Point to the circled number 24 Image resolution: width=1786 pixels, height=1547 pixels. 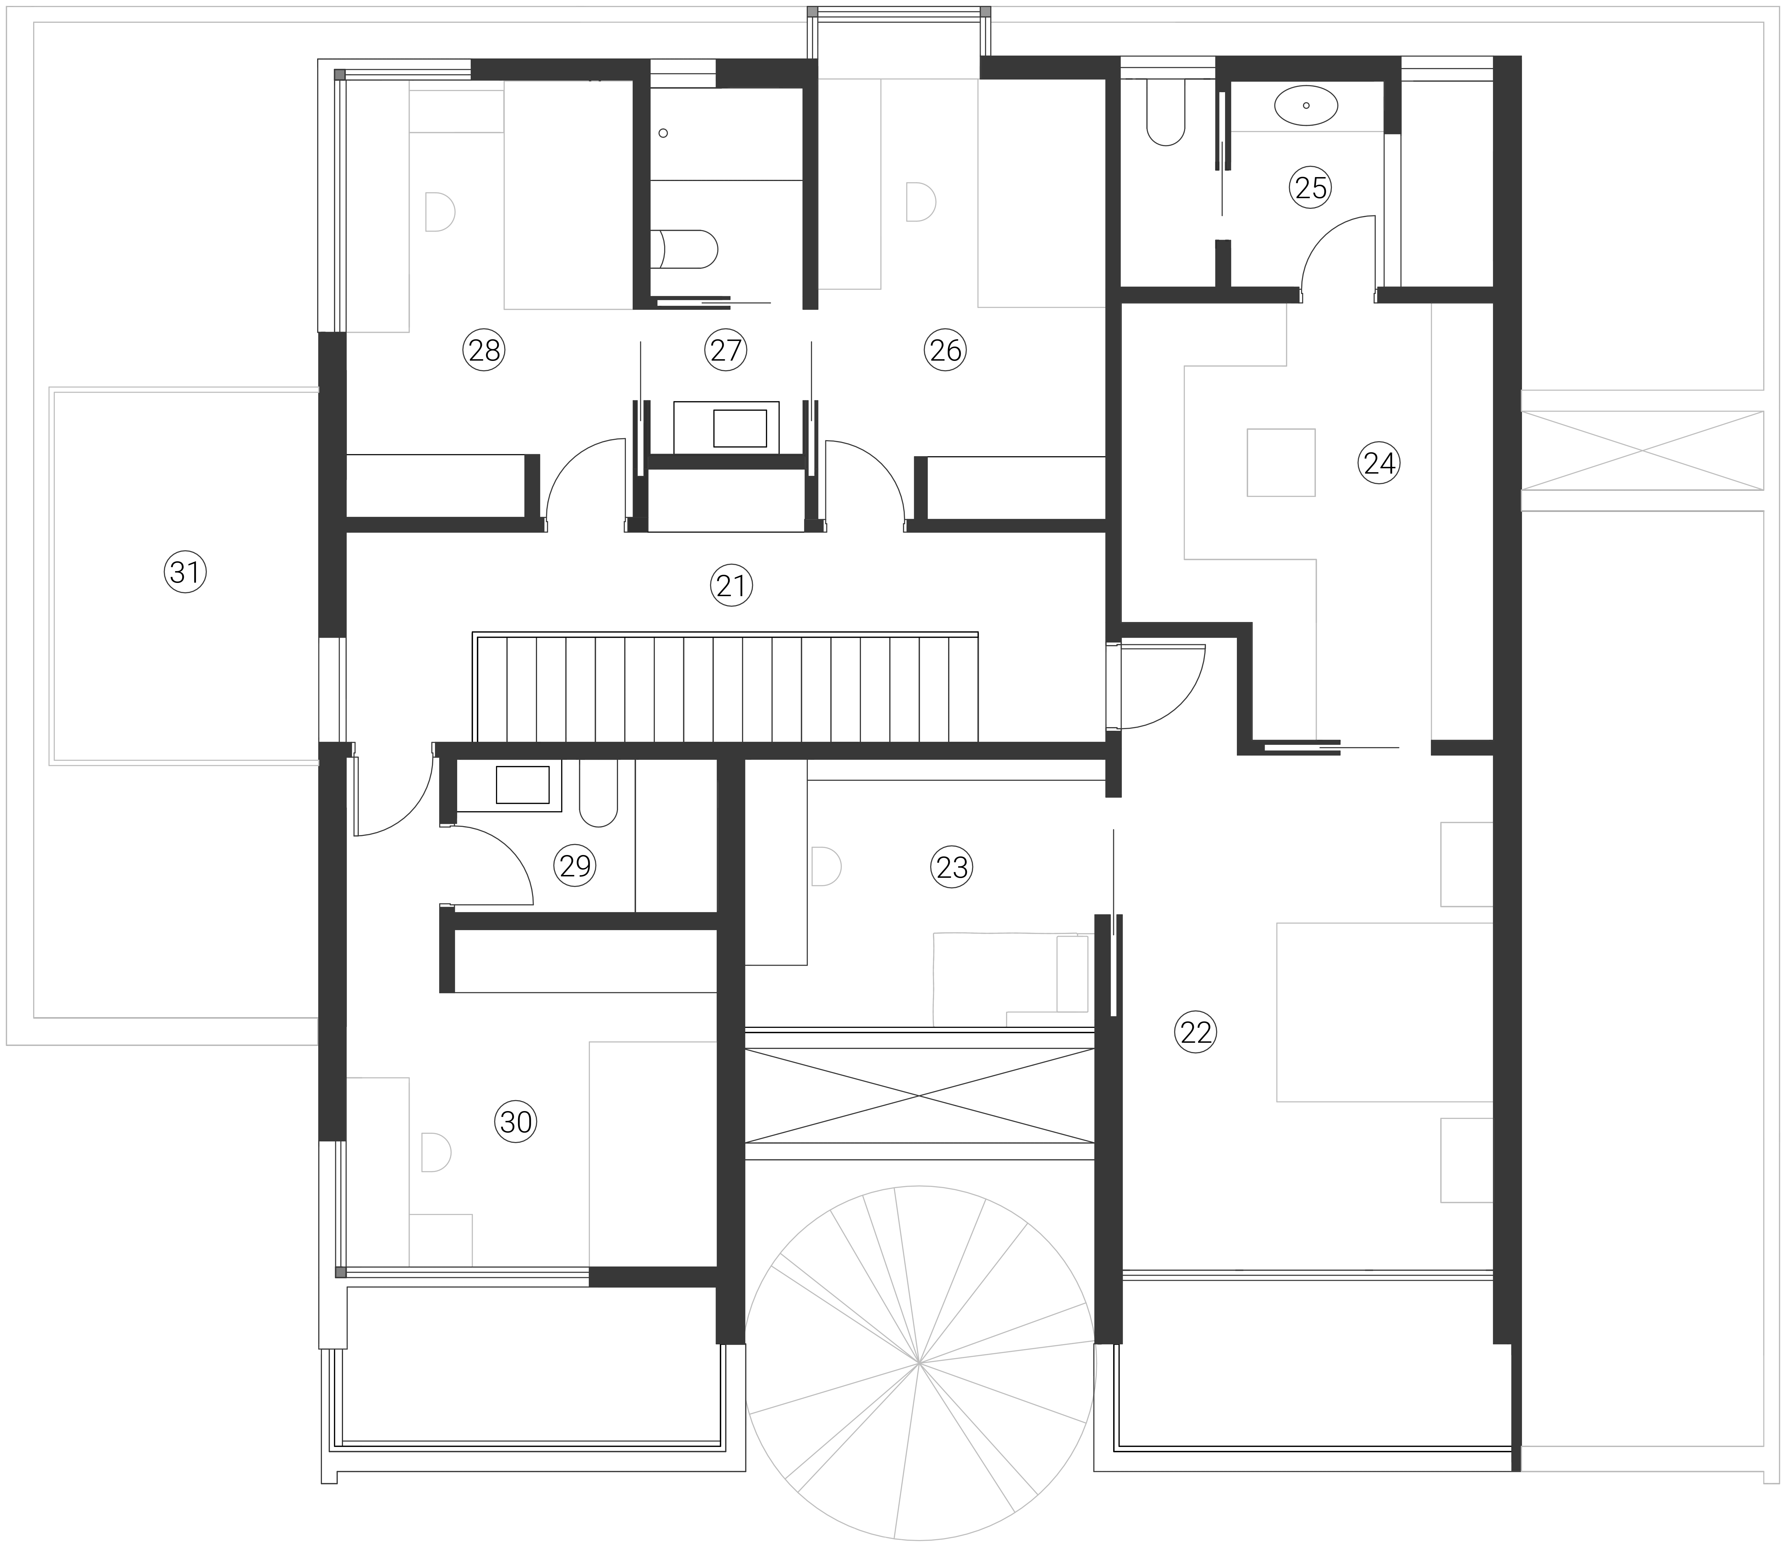(x=1379, y=463)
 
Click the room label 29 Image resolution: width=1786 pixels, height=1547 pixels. (x=575, y=865)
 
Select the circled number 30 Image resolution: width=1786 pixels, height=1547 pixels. (x=516, y=1122)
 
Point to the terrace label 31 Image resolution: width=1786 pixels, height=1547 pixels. (x=186, y=572)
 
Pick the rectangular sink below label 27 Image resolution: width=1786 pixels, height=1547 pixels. (x=740, y=428)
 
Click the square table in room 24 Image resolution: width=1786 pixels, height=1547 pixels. (x=1281, y=463)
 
